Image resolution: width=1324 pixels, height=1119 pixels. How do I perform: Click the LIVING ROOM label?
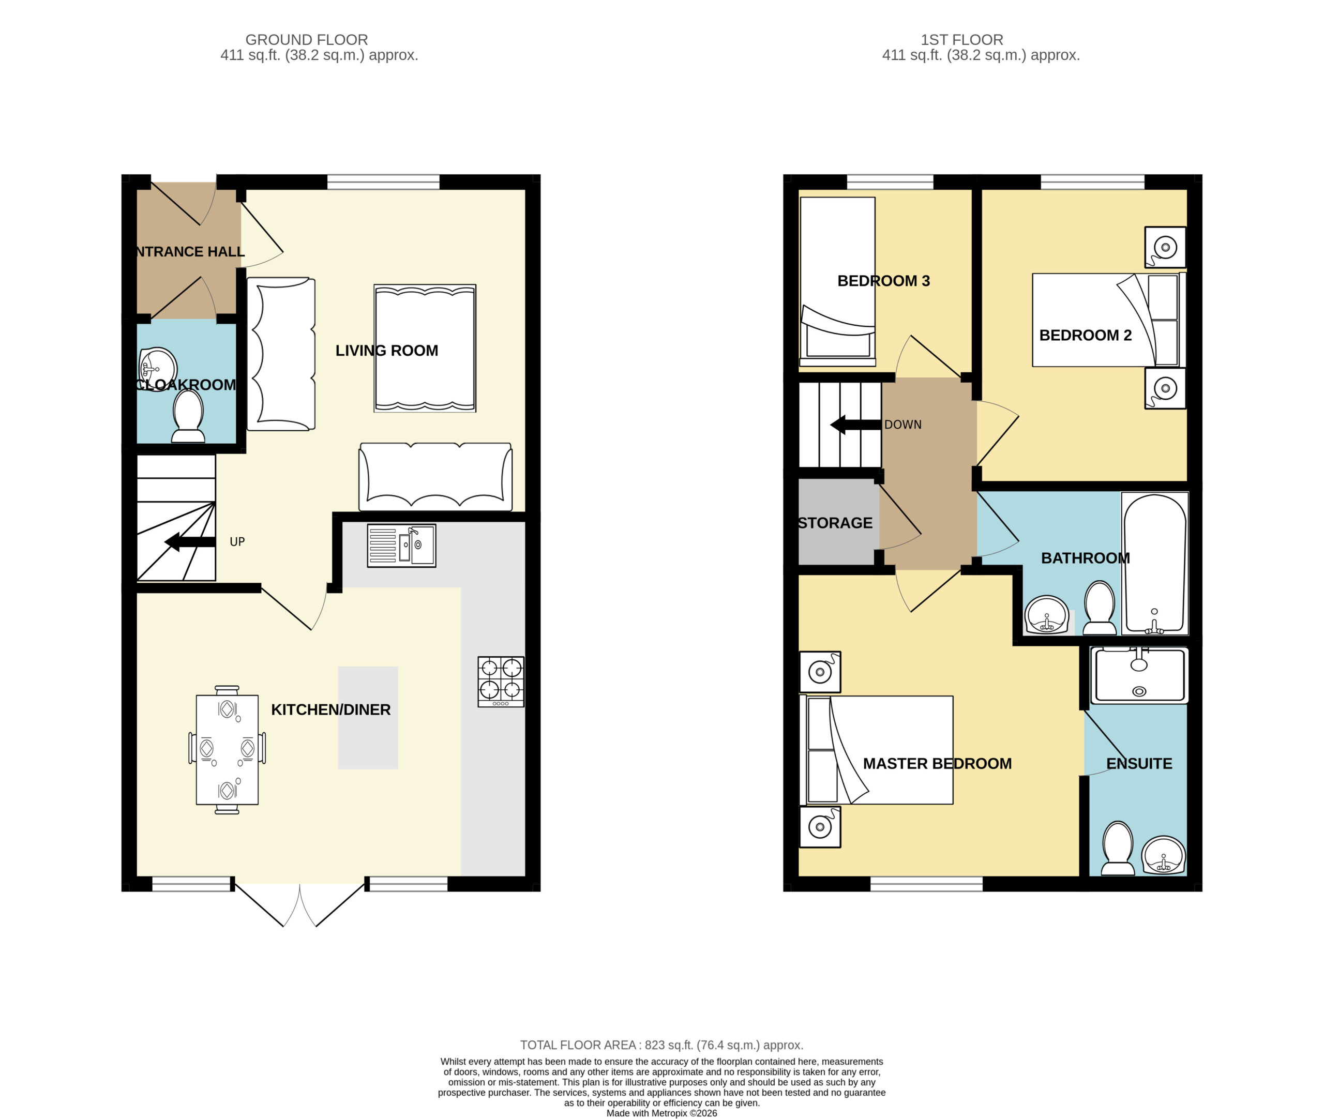click(x=386, y=350)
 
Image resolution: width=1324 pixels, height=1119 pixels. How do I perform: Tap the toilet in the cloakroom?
click(x=188, y=416)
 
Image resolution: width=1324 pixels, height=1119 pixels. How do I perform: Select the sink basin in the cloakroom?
click(x=157, y=369)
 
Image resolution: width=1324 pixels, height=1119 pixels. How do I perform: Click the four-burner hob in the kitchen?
click(x=501, y=682)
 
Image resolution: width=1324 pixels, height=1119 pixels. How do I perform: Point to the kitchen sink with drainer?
click(x=401, y=545)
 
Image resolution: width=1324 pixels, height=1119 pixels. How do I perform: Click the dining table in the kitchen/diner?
click(x=227, y=750)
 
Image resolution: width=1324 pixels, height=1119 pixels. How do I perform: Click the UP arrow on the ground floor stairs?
click(x=190, y=542)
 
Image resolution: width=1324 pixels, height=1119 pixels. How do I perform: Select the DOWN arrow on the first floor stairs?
click(x=856, y=425)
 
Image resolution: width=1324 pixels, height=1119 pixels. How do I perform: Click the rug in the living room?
click(x=425, y=348)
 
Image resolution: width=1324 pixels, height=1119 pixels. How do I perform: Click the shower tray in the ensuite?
click(x=1139, y=675)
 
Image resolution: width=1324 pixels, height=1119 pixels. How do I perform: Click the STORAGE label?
click(x=835, y=523)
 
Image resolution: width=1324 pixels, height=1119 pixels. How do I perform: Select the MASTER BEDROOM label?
click(x=937, y=763)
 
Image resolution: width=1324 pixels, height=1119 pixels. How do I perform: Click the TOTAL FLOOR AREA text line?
click(x=661, y=1044)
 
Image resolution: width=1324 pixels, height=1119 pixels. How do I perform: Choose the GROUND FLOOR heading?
click(x=306, y=39)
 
